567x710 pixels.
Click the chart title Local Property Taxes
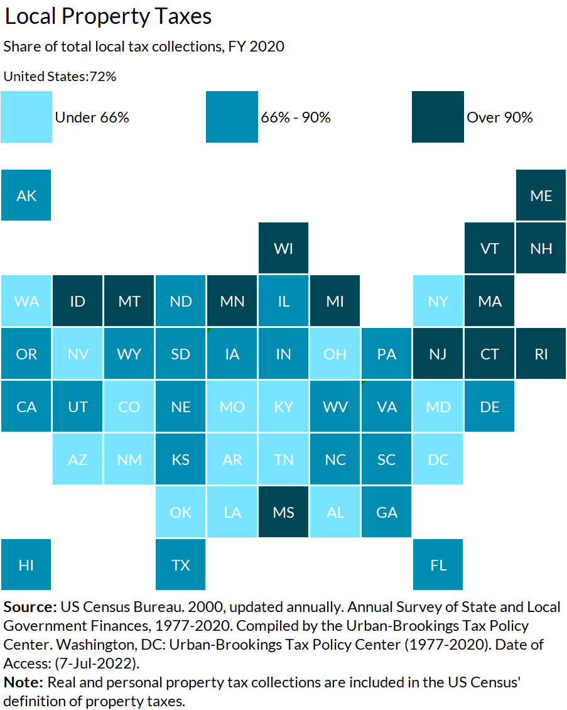pyautogui.click(x=108, y=17)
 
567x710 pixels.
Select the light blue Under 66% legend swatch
pyautogui.click(x=26, y=117)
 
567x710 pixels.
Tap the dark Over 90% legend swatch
pyautogui.click(x=438, y=117)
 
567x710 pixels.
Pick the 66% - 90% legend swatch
pyautogui.click(x=232, y=117)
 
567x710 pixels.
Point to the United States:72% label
pyautogui.click(x=60, y=77)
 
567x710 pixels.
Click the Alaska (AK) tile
pyautogui.click(x=26, y=195)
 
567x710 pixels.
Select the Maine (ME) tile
pyautogui.click(x=541, y=195)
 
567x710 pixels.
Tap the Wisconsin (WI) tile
pyautogui.click(x=283, y=248)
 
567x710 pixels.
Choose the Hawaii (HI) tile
pyautogui.click(x=26, y=565)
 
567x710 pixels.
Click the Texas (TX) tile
pyautogui.click(x=181, y=565)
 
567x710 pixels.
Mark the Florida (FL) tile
pyautogui.click(x=438, y=565)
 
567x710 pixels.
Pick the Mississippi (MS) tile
pyautogui.click(x=283, y=512)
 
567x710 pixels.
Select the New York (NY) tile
pyautogui.click(x=438, y=301)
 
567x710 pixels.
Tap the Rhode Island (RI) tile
pyautogui.click(x=541, y=354)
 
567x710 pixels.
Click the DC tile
pyautogui.click(x=438, y=459)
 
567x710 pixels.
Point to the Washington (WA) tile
pyautogui.click(x=26, y=301)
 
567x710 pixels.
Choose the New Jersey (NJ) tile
pyautogui.click(x=438, y=354)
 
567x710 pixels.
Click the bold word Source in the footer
pyautogui.click(x=30, y=608)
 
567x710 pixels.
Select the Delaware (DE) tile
pyautogui.click(x=489, y=407)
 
